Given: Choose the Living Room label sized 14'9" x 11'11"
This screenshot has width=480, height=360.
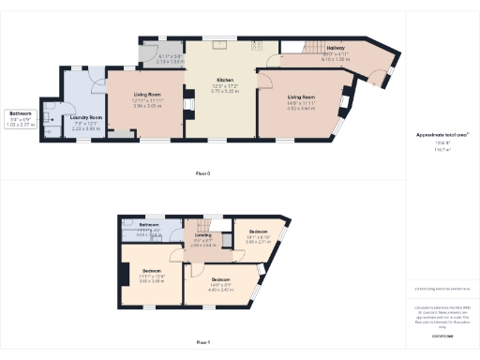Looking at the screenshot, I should (x=301, y=97).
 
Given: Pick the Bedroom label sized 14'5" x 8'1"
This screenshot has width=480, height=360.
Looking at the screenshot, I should (x=219, y=279).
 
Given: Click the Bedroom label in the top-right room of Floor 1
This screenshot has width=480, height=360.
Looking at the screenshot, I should (x=258, y=231).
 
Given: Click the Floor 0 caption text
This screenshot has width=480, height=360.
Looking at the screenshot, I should (x=202, y=174).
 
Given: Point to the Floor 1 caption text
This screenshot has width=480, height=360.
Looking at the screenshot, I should (x=202, y=344).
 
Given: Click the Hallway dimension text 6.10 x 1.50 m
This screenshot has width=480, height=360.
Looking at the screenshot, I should (x=335, y=58).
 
